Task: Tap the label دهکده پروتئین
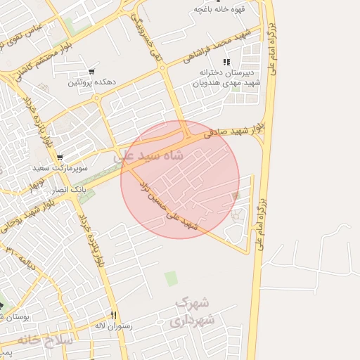pos(91,83)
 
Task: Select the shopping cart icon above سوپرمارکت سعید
pos(60,157)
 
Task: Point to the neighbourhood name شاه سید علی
pos(153,156)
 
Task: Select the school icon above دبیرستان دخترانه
pos(226,63)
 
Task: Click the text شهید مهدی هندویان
pos(226,82)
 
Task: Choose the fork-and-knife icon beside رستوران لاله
pos(113,314)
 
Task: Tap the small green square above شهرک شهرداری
pos(171,278)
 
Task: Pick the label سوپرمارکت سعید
pos(60,169)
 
